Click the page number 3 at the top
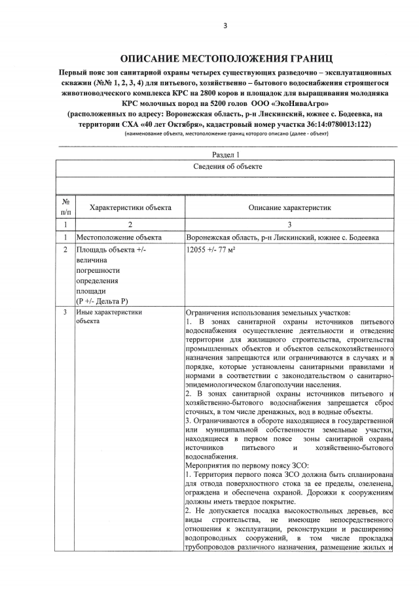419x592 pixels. pos(225,26)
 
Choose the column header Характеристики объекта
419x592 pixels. pos(130,207)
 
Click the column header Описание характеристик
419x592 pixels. pos(289,207)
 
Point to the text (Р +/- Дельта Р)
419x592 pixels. pos(102,300)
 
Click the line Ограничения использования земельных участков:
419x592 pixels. pos(268,313)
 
